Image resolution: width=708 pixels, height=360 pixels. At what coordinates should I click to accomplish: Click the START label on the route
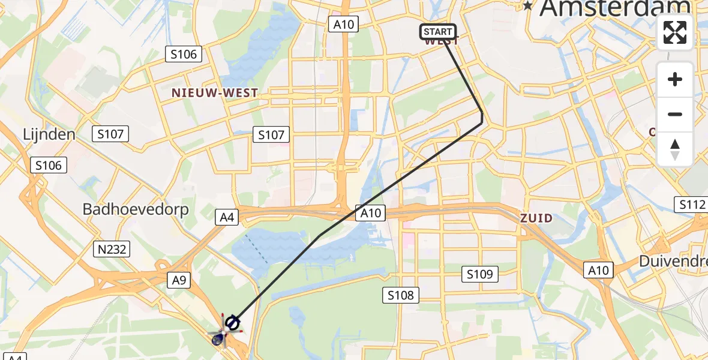pos(438,32)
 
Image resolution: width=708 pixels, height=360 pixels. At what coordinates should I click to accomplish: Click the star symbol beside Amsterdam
pos(528,6)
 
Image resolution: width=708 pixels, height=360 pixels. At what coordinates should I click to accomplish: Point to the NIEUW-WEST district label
pos(215,93)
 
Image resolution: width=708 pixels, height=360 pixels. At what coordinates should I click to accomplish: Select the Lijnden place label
pos(49,134)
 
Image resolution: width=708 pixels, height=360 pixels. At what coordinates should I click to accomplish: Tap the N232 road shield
pos(112,248)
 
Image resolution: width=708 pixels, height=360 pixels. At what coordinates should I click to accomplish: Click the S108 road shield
pos(401,295)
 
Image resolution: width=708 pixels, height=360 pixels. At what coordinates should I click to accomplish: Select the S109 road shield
pos(480,274)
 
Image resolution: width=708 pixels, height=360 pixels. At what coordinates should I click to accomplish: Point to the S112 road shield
pos(692,205)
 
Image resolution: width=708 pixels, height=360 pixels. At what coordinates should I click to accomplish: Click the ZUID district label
pos(536,218)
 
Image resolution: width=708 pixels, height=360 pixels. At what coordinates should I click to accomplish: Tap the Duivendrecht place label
pos(673,262)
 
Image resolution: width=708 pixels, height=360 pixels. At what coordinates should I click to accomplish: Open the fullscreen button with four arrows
pos(675,32)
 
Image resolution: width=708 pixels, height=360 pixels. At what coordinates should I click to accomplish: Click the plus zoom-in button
pos(675,79)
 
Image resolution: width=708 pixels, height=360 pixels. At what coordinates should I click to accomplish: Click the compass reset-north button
pos(675,149)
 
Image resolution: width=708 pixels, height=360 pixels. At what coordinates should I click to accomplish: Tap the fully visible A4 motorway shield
pos(227,217)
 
